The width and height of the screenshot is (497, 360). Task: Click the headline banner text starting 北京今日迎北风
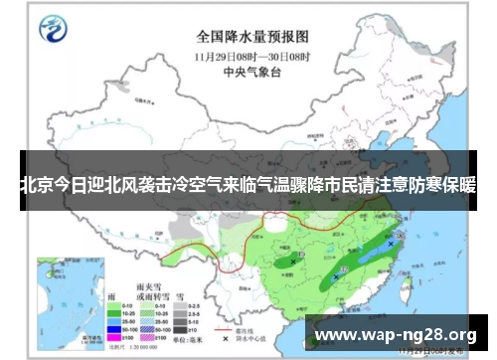coord(248,185)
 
